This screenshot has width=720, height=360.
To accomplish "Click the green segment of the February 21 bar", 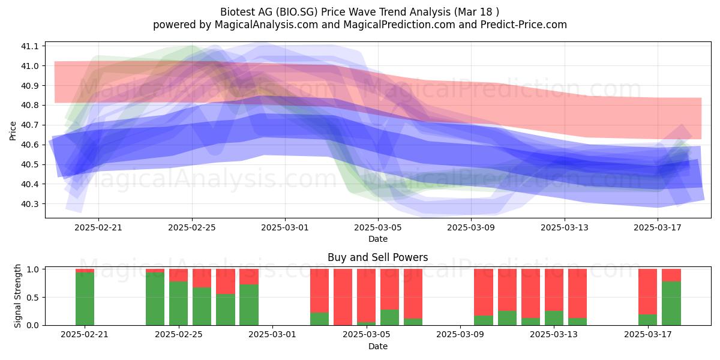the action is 85,299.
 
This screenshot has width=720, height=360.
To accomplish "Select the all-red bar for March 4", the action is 343,297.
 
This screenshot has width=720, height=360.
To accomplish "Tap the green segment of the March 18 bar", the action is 671,303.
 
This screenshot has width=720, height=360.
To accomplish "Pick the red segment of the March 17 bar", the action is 647,292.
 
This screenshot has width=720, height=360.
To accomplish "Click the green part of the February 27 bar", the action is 226,310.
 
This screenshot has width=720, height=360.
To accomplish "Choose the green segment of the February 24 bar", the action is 155,299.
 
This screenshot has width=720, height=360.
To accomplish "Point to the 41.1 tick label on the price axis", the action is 29,46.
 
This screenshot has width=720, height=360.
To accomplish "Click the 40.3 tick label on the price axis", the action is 29,204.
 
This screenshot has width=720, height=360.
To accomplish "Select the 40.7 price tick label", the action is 29,125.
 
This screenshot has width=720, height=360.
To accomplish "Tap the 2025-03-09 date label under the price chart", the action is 471,227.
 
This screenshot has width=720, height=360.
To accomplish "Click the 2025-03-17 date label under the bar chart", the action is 647,335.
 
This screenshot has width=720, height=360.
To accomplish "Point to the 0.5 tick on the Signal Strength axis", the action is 33,298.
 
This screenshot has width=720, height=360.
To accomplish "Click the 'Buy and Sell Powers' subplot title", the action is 377,257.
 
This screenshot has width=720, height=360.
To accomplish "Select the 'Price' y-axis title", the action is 13,131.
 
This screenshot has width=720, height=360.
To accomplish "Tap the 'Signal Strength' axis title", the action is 17,296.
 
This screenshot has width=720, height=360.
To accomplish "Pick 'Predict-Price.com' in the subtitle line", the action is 524,25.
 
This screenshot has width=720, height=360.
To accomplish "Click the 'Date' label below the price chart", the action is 377,239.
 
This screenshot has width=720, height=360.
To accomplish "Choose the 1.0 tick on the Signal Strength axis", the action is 33,269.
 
